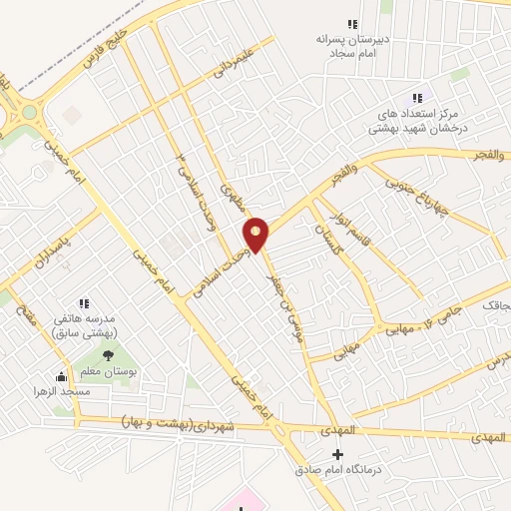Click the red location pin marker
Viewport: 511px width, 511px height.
(256, 235)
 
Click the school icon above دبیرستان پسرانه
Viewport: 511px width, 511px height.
(351, 24)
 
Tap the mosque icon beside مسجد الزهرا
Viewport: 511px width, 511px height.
(62, 376)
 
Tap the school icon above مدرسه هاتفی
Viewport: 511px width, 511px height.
(84, 302)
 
